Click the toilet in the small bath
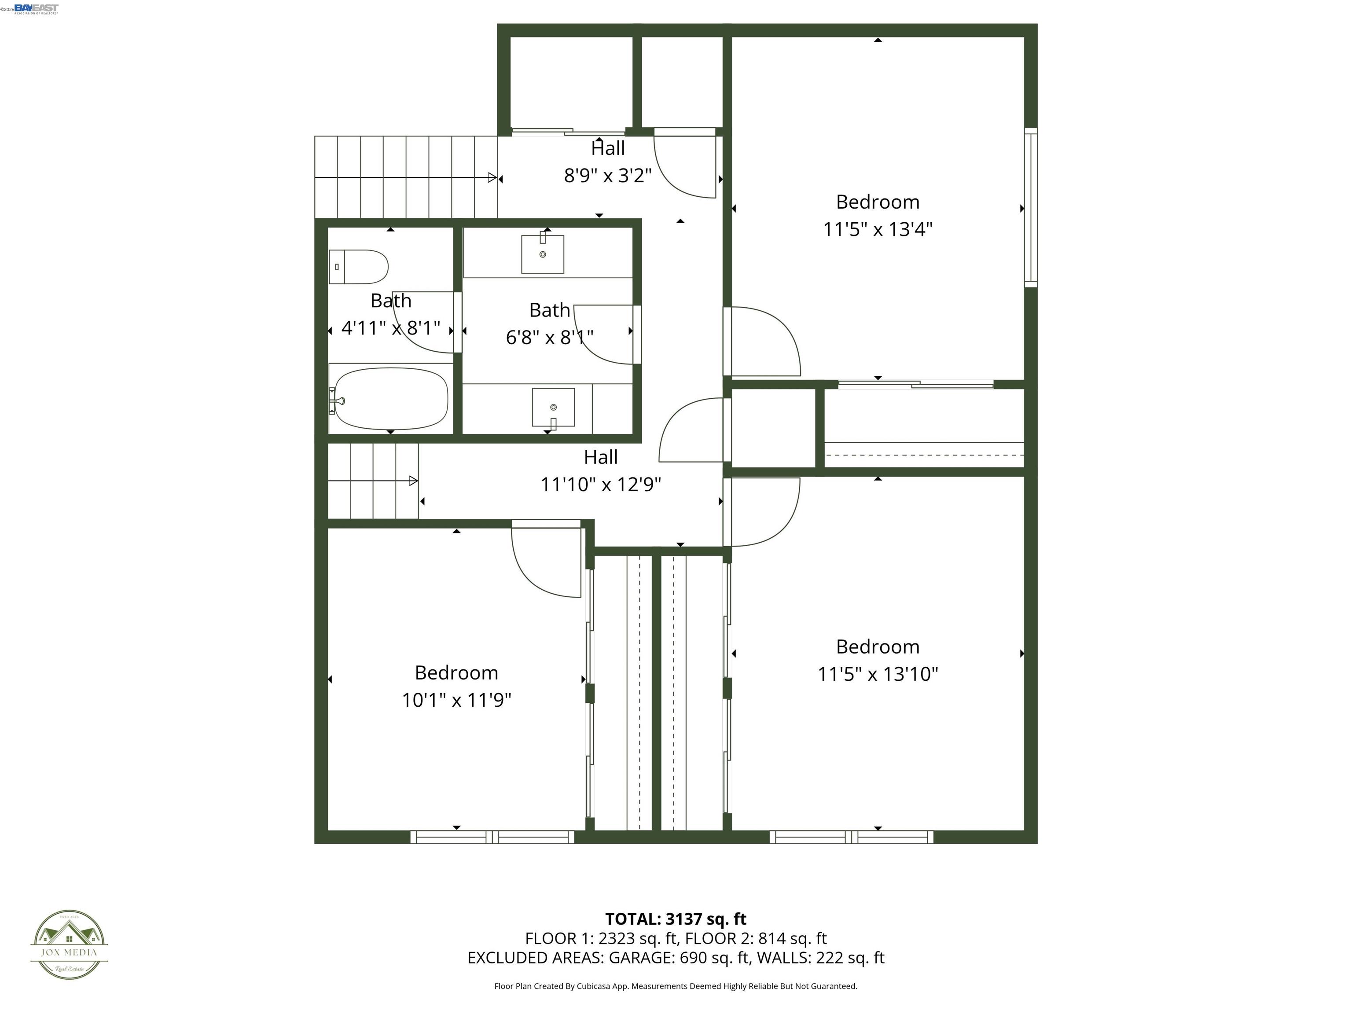tap(359, 267)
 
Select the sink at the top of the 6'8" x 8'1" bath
tap(542, 253)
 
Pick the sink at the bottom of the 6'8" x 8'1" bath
tap(553, 407)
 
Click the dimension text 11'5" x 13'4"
tap(877, 230)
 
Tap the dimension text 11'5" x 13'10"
tap(878, 674)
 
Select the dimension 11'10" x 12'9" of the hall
tap(600, 485)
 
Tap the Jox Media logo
tap(69, 944)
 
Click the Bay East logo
tap(36, 8)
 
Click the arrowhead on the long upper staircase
tap(492, 178)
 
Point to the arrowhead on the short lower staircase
tap(414, 481)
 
